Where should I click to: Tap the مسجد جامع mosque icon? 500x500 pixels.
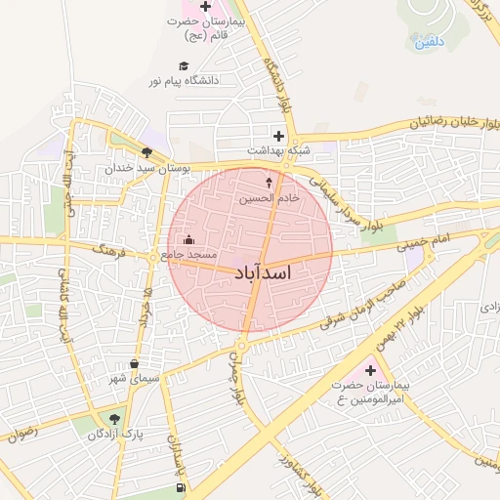click(x=188, y=240)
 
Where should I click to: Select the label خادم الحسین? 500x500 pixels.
click(x=270, y=198)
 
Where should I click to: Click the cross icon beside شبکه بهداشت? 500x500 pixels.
click(x=279, y=136)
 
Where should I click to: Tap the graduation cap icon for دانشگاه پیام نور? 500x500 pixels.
click(x=184, y=64)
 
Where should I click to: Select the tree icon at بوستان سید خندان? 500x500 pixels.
click(x=146, y=151)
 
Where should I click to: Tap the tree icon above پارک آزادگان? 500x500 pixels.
click(x=115, y=418)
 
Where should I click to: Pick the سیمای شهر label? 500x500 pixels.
click(x=135, y=378)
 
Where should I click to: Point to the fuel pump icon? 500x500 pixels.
click(x=180, y=487)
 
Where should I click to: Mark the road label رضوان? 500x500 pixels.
click(x=18, y=433)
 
